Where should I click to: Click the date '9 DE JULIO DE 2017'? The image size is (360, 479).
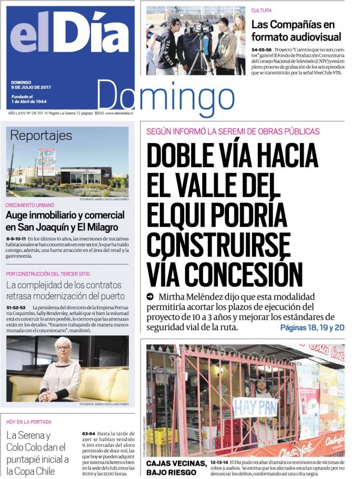pyautogui.click(x=31, y=87)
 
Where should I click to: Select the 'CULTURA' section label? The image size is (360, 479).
pyautogui.click(x=262, y=10)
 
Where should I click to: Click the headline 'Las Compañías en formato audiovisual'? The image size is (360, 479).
pyautogui.click(x=296, y=31)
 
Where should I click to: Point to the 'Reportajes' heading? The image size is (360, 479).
pyautogui.click(x=41, y=136)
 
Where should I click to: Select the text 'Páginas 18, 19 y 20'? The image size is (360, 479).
pyautogui.click(x=312, y=328)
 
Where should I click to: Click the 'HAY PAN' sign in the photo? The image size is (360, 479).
pyautogui.click(x=255, y=407)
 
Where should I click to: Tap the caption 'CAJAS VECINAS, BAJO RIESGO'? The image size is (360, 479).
pyautogui.click(x=176, y=467)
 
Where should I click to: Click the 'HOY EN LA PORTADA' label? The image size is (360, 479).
pyautogui.click(x=29, y=422)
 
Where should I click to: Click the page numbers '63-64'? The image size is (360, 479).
pyautogui.click(x=88, y=434)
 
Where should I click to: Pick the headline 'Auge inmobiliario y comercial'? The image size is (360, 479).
pyautogui.click(x=65, y=215)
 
